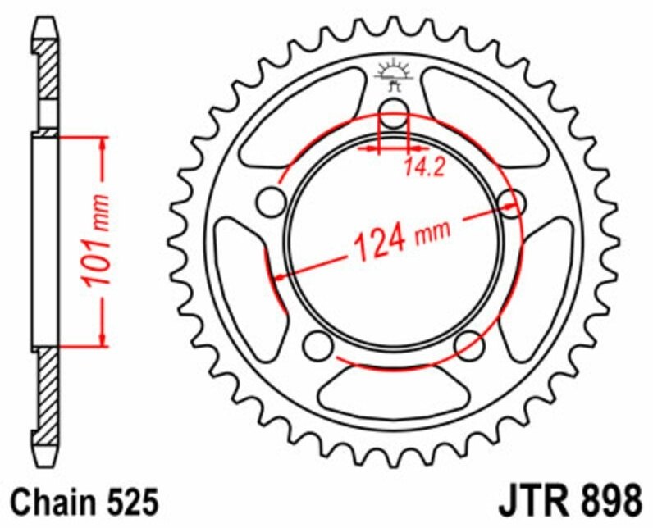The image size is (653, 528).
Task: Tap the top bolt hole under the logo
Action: pyautogui.click(x=394, y=113)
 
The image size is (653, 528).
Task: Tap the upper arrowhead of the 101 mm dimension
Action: pyautogui.click(x=102, y=144)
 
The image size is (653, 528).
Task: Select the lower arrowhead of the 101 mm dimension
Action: pyautogui.click(x=102, y=338)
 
